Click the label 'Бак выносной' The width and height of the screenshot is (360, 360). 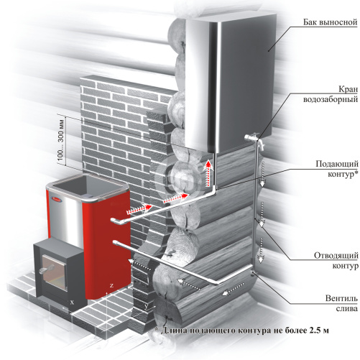[330, 22]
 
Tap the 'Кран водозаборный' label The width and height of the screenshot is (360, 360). [331, 94]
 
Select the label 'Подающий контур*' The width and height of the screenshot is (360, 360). [337, 169]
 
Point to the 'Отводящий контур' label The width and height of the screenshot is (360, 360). [336, 260]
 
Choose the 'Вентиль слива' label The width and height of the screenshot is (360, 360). [341, 303]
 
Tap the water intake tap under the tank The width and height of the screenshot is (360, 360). [254, 140]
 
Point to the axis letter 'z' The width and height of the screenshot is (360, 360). [111, 285]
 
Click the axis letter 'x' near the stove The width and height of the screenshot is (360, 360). [72, 303]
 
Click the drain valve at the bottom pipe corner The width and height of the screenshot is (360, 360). [252, 273]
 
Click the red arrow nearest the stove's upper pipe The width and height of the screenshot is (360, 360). [139, 209]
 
